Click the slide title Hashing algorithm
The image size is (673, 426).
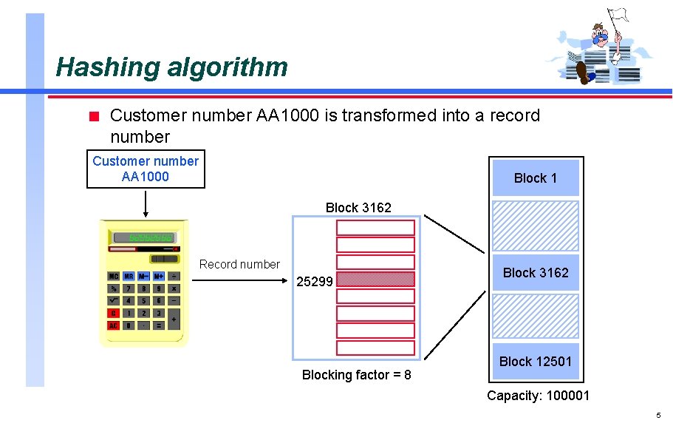(171, 67)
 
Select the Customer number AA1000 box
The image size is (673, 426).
(146, 169)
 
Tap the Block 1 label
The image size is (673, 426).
(536, 178)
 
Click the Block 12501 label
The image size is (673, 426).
(536, 362)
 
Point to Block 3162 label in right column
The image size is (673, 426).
(536, 273)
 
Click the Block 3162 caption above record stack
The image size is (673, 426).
(358, 208)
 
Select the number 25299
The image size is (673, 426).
(315, 282)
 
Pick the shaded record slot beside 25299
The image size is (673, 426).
(375, 279)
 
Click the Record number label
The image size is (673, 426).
(239, 264)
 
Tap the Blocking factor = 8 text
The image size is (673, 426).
(357, 375)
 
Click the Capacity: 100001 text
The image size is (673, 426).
(538, 396)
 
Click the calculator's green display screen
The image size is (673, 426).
(145, 237)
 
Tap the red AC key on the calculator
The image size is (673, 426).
(114, 325)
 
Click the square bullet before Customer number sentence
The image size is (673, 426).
(93, 116)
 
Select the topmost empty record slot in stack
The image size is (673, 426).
(375, 228)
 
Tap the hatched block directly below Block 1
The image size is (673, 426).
(536, 226)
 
